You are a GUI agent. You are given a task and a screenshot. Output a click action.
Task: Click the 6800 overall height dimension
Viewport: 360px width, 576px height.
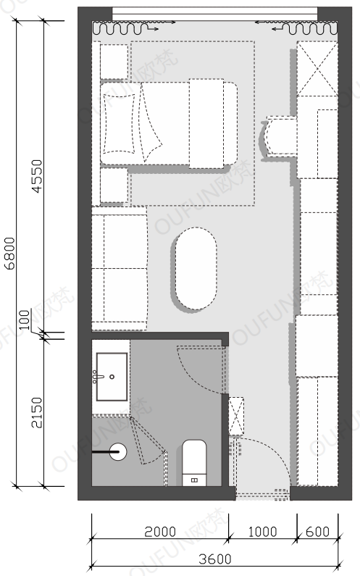[x=9, y=254]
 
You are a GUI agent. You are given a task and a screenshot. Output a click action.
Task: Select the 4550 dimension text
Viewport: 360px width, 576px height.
[x=37, y=176]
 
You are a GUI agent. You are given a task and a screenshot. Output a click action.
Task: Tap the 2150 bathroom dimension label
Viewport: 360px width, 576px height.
[x=37, y=412]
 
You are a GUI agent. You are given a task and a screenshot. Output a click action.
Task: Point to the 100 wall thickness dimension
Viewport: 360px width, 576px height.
[x=24, y=320]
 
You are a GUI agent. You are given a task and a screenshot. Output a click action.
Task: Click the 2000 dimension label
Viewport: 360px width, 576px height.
[x=160, y=532]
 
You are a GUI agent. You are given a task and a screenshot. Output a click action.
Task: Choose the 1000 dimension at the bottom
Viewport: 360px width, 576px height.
[x=263, y=532]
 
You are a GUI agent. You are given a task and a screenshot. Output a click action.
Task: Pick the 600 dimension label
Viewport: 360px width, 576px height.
[x=317, y=532]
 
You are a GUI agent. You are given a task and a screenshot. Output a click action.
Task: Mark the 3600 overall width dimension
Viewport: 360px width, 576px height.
[x=215, y=559]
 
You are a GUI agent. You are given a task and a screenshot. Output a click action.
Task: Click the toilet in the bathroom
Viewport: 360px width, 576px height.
[x=194, y=463]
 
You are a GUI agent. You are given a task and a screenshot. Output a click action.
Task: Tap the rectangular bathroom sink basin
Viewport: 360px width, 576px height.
[x=112, y=377]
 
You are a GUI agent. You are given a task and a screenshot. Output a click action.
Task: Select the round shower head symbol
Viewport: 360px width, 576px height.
[x=117, y=452]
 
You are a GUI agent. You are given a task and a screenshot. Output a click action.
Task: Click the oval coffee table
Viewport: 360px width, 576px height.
[x=196, y=269]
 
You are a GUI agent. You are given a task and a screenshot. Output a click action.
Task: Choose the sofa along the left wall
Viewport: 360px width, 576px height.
[x=120, y=268]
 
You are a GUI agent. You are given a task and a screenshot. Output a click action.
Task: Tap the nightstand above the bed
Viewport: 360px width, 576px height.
[x=114, y=62]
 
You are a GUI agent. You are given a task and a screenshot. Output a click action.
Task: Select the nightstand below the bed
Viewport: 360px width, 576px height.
[x=114, y=185]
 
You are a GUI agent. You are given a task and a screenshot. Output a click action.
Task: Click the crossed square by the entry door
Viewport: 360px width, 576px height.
[x=236, y=416]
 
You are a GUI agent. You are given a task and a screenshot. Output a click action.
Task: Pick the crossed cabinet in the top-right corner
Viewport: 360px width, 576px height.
[x=317, y=69]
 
